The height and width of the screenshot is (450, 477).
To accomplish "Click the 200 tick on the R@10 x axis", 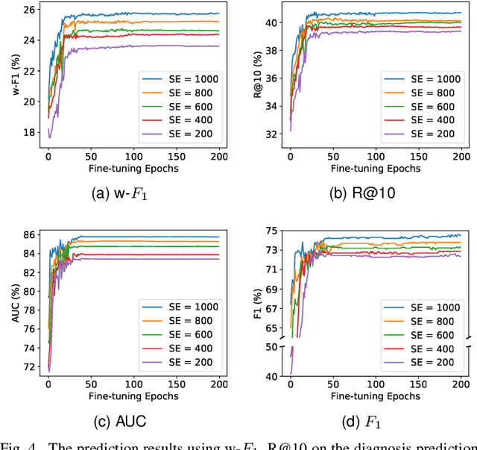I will point(461,157).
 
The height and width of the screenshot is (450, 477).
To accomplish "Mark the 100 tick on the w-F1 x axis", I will point(134,157).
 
